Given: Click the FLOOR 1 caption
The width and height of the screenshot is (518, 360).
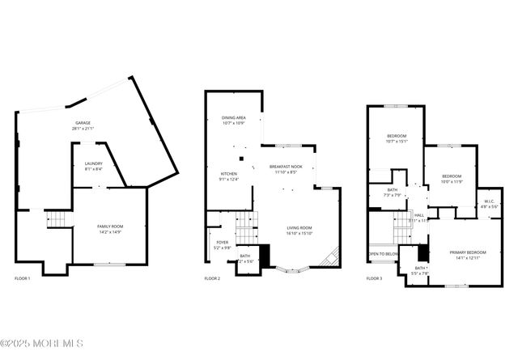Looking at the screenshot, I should pos(23,278).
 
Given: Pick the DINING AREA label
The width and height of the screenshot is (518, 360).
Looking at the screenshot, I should pos(234,120).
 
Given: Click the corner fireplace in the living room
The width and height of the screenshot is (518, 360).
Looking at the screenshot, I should pos(329,259).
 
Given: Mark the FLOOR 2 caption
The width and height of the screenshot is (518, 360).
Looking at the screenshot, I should pos(212,278).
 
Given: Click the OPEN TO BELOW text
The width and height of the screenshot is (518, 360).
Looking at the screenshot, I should pos(384,254).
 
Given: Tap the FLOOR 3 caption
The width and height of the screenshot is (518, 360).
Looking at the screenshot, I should pos(374,278).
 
